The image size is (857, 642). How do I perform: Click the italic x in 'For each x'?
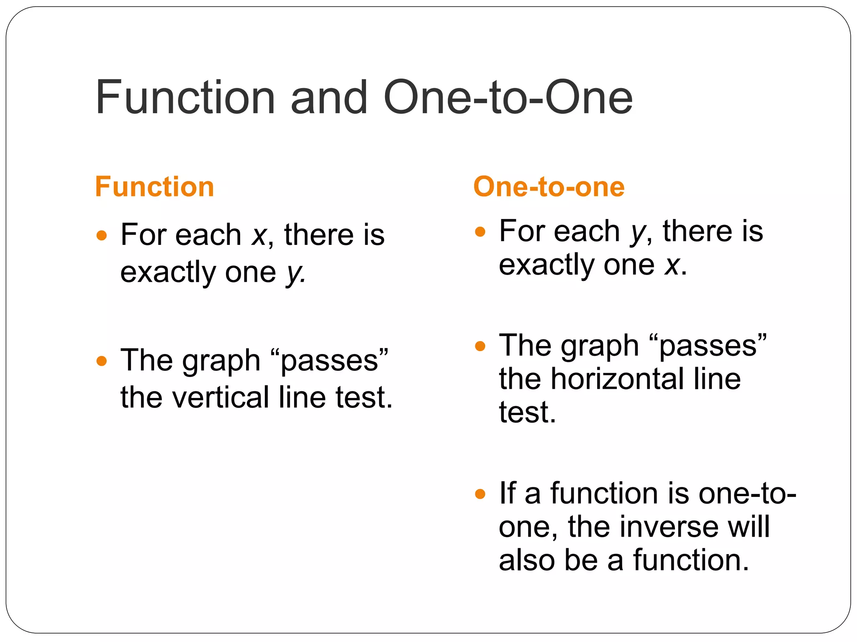coord(259,236)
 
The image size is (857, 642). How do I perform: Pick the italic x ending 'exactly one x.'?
coord(672,265)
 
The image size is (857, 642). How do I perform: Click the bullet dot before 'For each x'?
coord(102,235)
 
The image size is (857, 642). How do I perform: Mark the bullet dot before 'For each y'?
coord(480,232)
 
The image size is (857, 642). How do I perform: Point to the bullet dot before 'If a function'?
coord(480,494)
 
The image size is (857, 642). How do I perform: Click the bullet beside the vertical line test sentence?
coord(102,361)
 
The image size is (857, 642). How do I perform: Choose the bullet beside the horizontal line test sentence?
coord(480,346)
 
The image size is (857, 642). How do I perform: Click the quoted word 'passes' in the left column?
coord(329,361)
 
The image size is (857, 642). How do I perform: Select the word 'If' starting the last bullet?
coord(507,494)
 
